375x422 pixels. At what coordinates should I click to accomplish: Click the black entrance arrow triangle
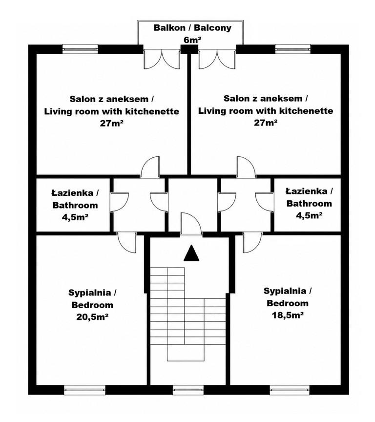[x=191, y=253]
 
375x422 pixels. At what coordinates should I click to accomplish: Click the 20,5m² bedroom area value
[x=92, y=317]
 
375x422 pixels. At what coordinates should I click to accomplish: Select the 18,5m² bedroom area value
[x=288, y=315]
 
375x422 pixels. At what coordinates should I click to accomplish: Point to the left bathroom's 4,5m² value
[x=75, y=217]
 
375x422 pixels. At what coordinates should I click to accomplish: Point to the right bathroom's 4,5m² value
[x=310, y=215]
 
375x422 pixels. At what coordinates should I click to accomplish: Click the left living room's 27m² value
[x=112, y=124]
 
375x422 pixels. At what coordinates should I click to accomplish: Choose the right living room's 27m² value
[x=266, y=123]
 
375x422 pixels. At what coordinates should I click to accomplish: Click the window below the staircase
[x=188, y=389]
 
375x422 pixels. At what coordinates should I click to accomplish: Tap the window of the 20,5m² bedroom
[x=85, y=389]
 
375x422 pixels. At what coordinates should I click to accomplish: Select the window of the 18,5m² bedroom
[x=290, y=389]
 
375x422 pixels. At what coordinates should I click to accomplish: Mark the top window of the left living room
[x=80, y=49]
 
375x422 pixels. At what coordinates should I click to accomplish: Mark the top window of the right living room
[x=292, y=49]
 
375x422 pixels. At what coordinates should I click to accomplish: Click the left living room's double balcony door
[x=162, y=59]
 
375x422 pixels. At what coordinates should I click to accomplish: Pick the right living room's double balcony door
[x=217, y=59]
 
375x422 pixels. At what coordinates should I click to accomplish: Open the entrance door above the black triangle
[x=191, y=223]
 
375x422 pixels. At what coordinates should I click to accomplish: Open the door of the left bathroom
[x=120, y=202]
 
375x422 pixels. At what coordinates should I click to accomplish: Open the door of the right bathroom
[x=265, y=202]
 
